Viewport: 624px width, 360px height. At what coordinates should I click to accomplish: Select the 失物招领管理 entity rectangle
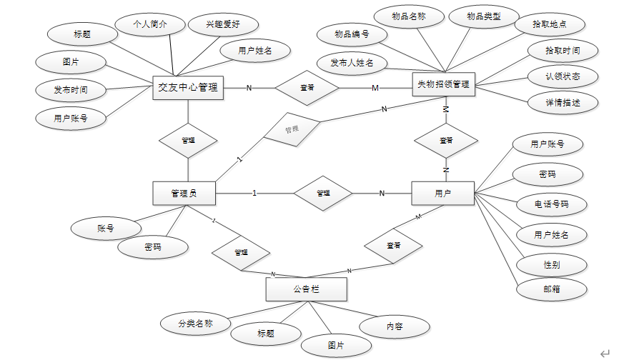pos(444,84)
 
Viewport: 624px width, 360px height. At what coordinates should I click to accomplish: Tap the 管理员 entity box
pos(184,193)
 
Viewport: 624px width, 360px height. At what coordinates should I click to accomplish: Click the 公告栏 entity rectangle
pos(306,289)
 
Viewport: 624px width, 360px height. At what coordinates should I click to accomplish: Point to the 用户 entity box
pos(443,193)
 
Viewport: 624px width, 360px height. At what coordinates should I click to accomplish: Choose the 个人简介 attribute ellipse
pos(151,24)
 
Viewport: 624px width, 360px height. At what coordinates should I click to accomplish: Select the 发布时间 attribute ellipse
pos(71,90)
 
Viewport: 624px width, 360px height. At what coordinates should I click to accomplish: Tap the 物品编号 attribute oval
pos(352,34)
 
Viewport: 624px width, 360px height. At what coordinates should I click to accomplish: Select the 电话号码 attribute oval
pos(551,204)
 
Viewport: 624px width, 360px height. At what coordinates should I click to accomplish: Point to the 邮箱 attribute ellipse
pos(551,289)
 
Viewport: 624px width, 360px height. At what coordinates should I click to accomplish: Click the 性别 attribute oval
pos(551,264)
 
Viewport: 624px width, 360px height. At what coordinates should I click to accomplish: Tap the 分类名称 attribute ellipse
pos(195,323)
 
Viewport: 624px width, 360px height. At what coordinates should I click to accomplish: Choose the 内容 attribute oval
pos(395,326)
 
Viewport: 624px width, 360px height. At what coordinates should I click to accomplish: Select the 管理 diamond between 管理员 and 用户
pos(323,193)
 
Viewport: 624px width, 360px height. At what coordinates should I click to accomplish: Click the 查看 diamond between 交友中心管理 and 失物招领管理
pos(307,88)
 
